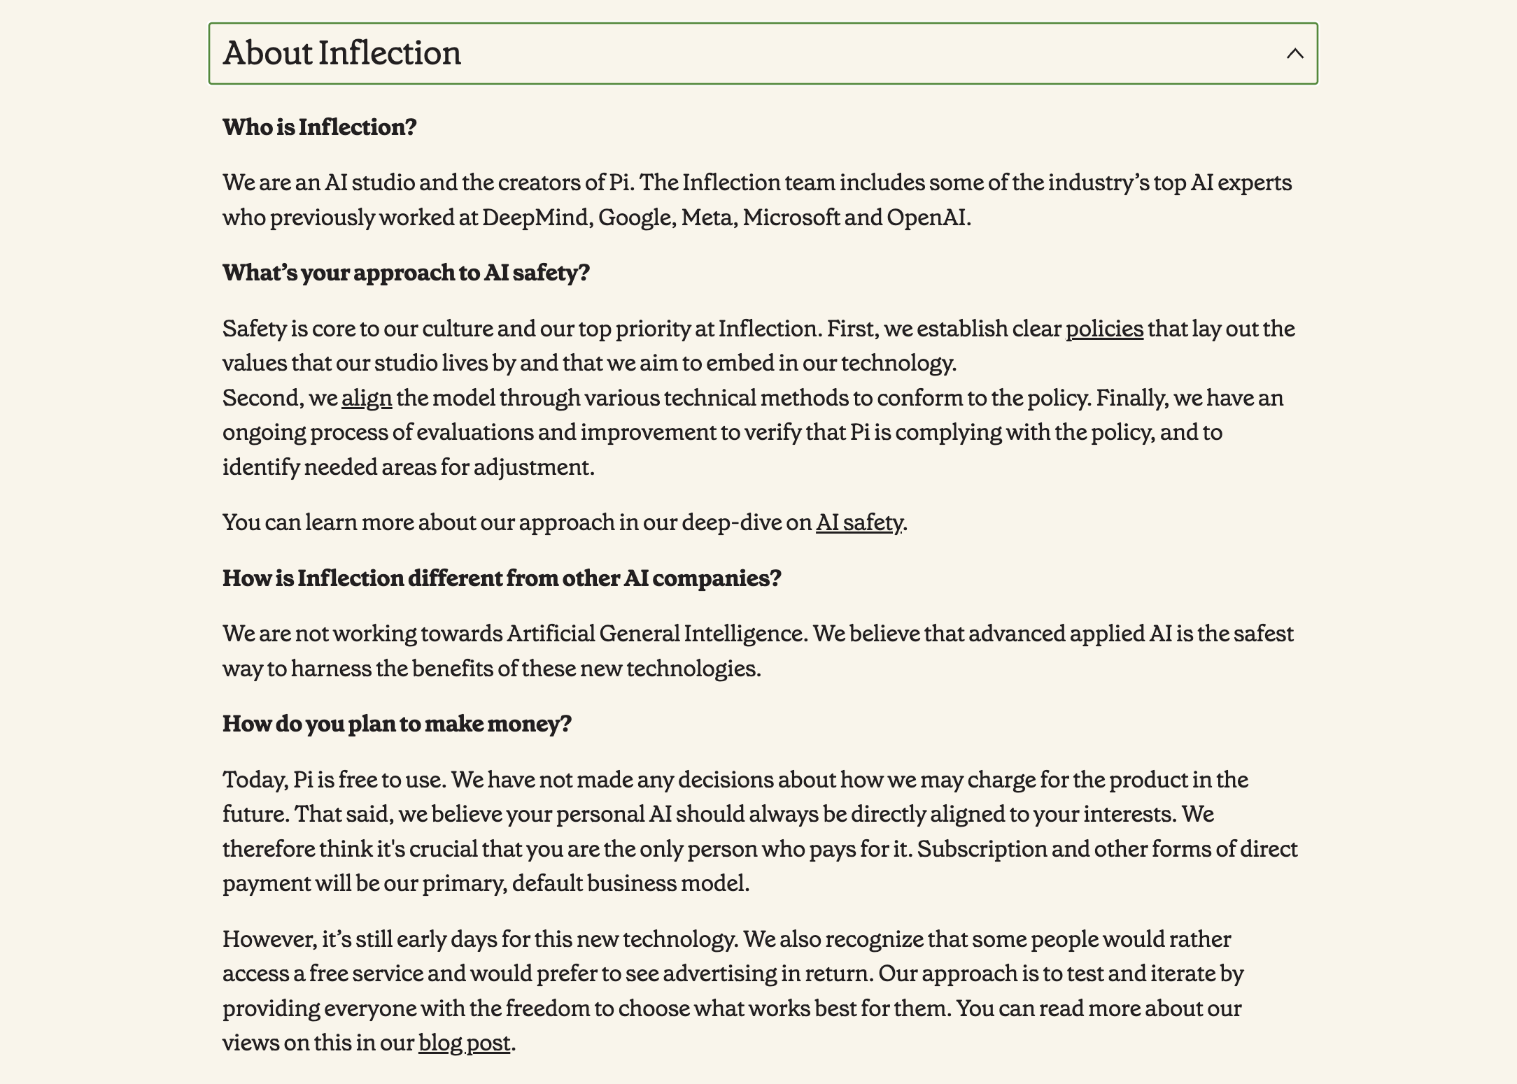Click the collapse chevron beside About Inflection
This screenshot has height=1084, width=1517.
[x=1294, y=54]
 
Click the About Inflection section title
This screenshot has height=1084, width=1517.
[x=341, y=53]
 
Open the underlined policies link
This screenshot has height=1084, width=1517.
[x=1104, y=329]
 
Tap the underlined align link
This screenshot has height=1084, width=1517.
[x=367, y=398]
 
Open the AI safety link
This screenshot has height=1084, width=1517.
[x=859, y=522]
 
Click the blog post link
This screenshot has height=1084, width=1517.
[x=464, y=1043]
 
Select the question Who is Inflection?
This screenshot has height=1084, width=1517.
[x=319, y=127]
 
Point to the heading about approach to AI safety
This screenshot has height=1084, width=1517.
[x=406, y=273]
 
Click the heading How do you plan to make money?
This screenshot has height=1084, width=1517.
[x=397, y=724]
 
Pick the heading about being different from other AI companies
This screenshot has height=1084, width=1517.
[x=502, y=578]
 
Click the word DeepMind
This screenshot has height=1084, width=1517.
[x=537, y=217]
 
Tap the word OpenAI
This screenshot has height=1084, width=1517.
[x=927, y=217]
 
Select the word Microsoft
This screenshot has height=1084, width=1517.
[x=791, y=217]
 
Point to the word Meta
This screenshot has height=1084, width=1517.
[x=707, y=217]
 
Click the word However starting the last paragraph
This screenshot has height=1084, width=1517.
[x=269, y=939]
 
